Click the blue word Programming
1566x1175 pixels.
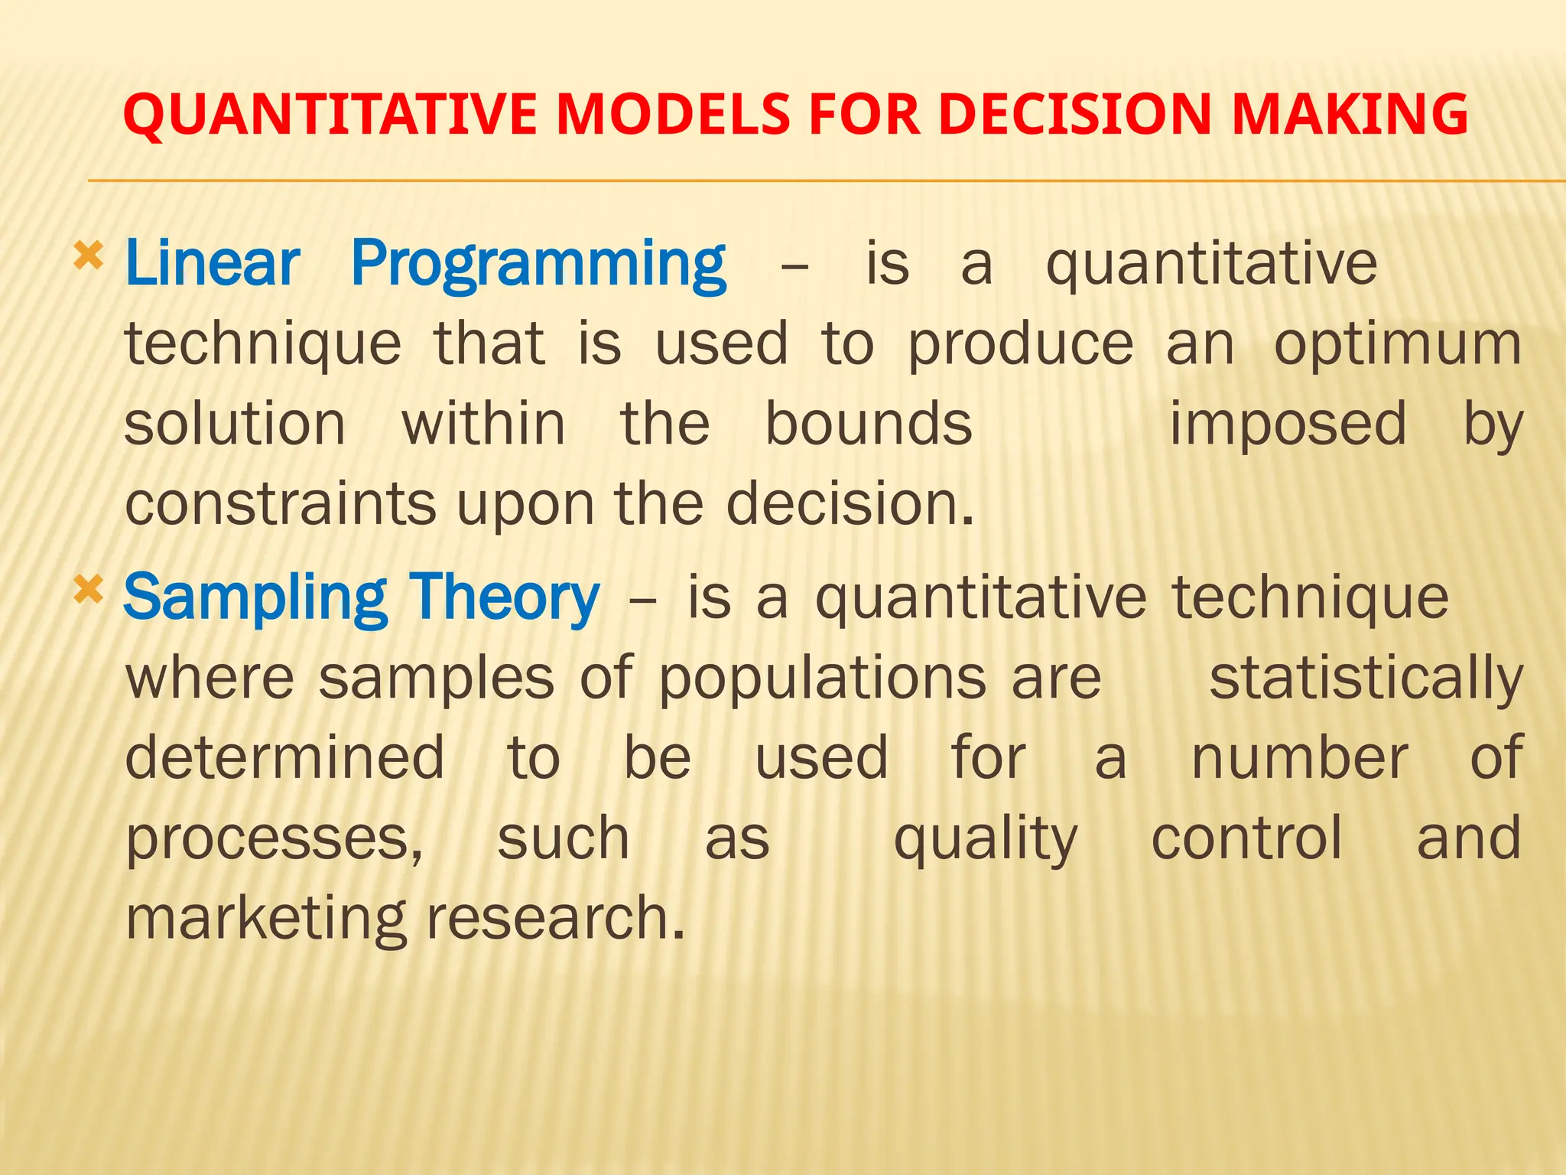538,265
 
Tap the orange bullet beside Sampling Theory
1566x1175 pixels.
88,590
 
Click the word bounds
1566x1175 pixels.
869,424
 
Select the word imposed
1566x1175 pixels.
1288,425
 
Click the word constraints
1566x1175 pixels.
280,504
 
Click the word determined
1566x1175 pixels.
284,757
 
